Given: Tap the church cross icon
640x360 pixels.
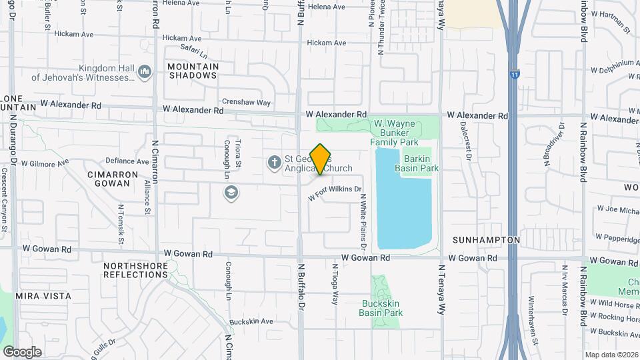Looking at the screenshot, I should click(273, 162).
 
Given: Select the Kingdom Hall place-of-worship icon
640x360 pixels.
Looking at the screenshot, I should click(145, 72).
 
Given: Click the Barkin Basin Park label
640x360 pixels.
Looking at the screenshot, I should click(417, 163).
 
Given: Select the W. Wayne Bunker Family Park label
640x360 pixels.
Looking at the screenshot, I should click(395, 133).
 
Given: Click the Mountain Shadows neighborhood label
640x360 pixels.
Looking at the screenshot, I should click(193, 71).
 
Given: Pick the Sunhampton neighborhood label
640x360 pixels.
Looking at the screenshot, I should click(485, 239).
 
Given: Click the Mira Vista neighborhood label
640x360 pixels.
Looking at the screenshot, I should click(43, 295).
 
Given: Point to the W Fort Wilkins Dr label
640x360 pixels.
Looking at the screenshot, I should click(334, 193).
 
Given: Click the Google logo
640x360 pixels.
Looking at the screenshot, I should click(22, 351).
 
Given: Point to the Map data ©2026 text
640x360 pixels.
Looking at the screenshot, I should click(611, 355).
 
